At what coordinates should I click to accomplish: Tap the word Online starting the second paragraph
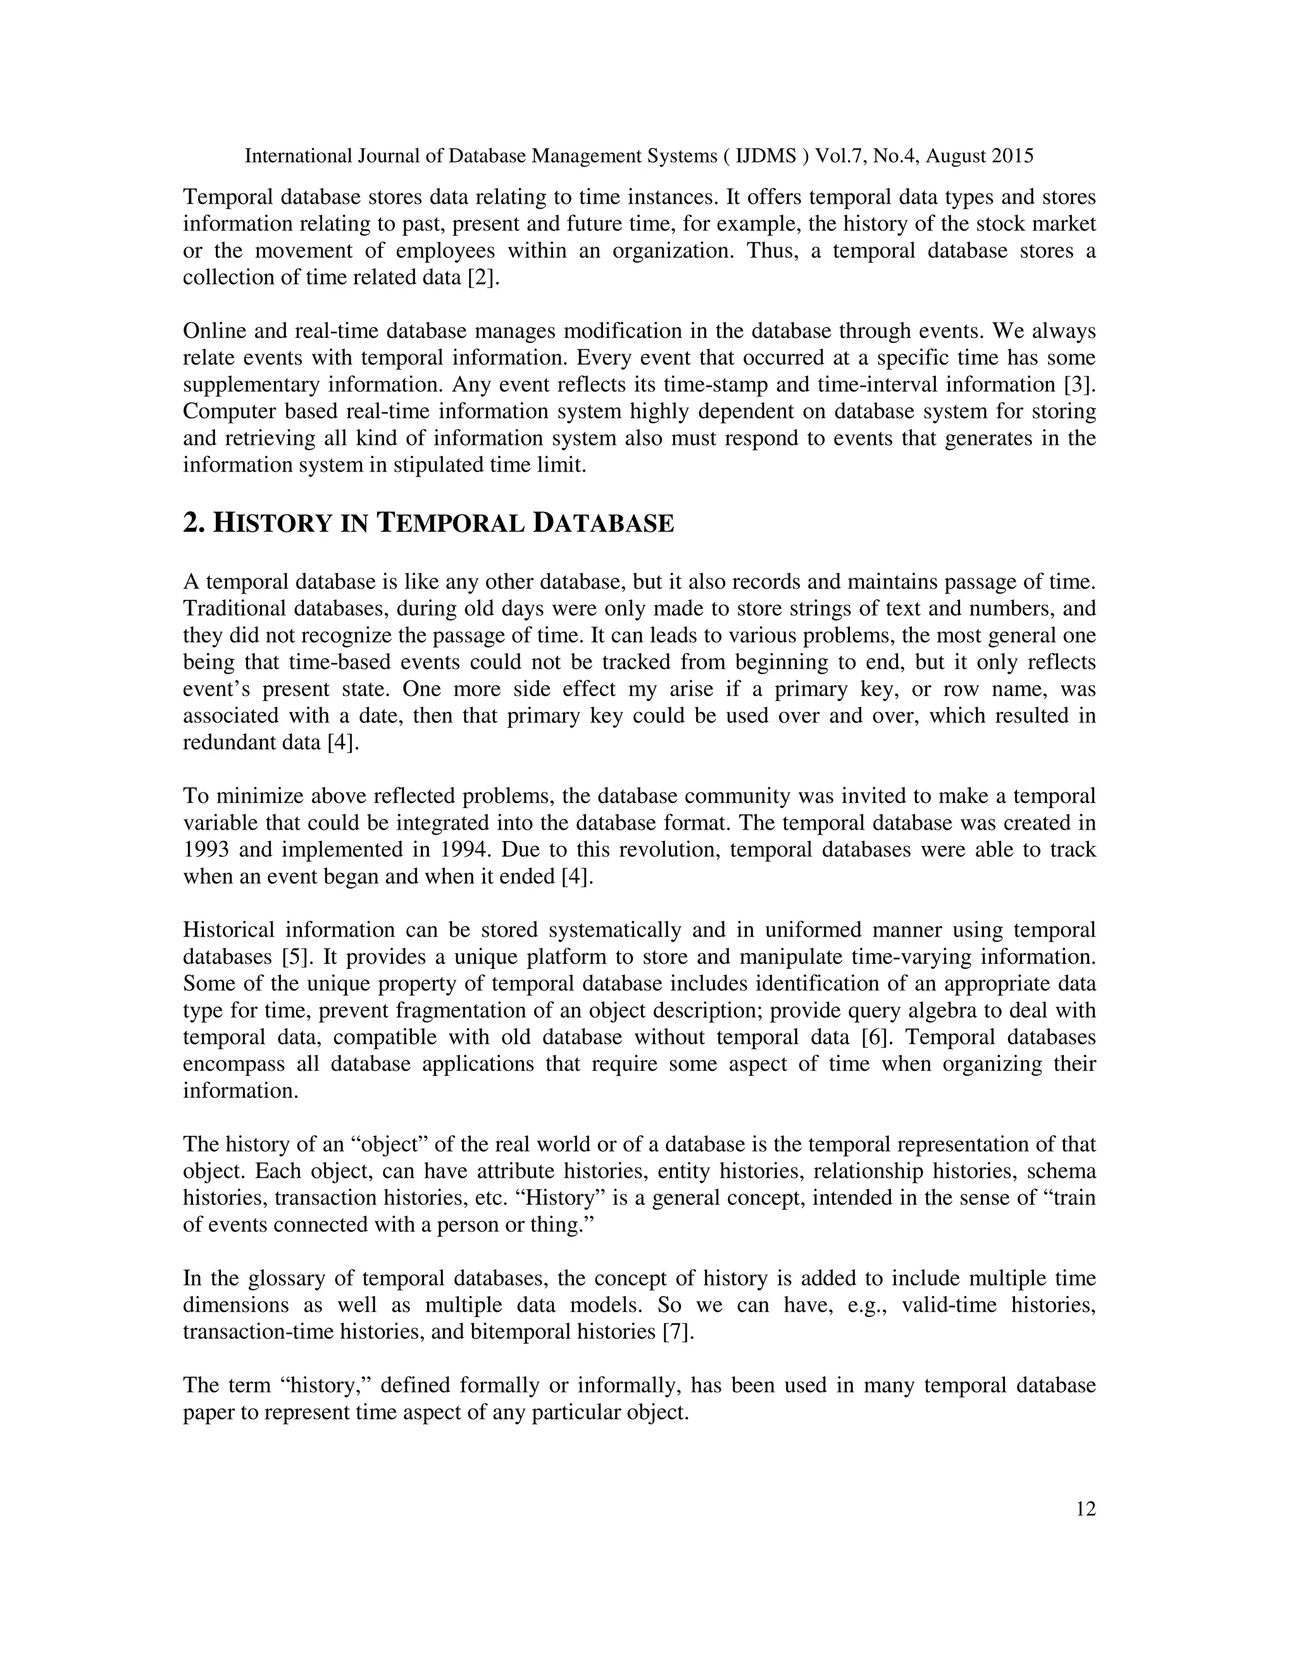coord(213,331)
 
